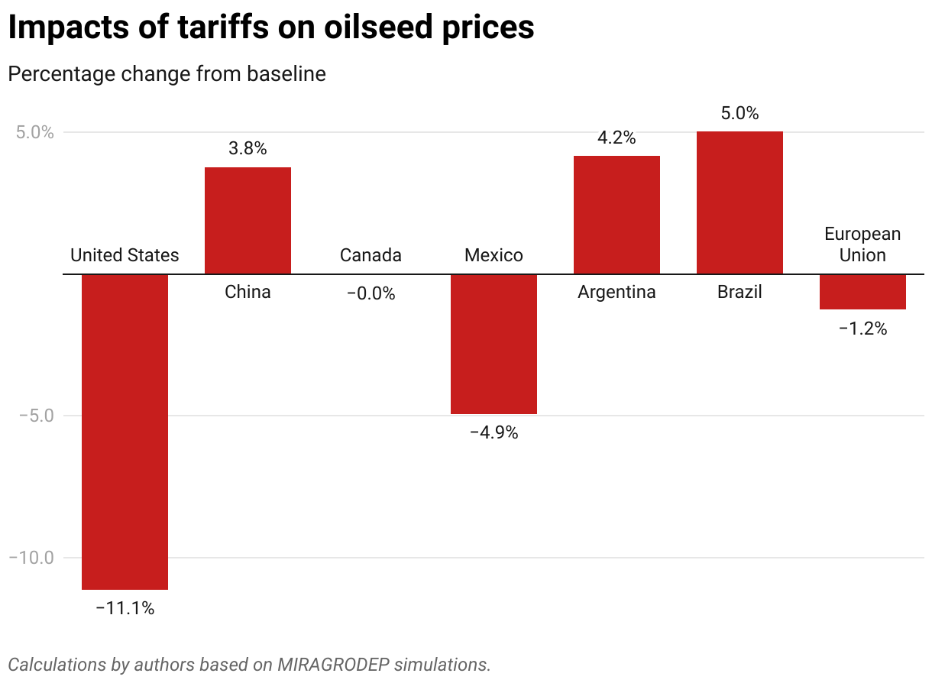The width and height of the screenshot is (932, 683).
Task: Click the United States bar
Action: [x=125, y=432]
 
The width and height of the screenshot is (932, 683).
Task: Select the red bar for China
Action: [x=248, y=221]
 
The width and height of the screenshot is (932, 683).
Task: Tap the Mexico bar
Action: [x=494, y=344]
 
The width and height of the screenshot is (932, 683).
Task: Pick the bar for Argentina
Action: [x=616, y=215]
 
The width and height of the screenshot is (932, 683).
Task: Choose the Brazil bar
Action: [x=739, y=202]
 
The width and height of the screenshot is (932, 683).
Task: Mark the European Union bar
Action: [x=862, y=292]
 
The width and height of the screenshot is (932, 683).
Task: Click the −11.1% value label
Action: [x=125, y=609]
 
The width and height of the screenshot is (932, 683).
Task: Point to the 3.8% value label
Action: [x=248, y=149]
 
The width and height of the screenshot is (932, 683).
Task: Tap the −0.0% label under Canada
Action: [x=371, y=293]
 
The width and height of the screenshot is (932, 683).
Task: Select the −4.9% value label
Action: [x=494, y=432]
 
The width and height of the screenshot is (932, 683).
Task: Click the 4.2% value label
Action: [x=616, y=138]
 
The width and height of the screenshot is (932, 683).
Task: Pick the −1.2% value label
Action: [x=862, y=329]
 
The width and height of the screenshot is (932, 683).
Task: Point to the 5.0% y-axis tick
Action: [x=36, y=132]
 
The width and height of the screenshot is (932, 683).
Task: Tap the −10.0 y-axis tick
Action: [x=31, y=558]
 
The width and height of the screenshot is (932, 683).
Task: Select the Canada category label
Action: [x=371, y=255]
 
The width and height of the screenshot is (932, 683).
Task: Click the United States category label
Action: [x=125, y=255]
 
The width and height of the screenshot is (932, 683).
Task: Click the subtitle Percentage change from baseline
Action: [x=167, y=74]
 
